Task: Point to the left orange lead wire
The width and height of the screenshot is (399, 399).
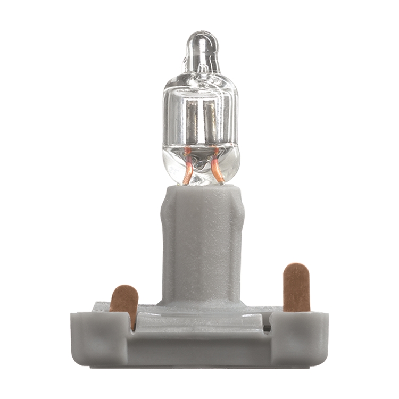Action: point(187,168)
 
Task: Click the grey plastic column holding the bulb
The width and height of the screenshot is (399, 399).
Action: point(202,239)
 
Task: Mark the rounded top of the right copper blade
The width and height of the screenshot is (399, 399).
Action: point(296,269)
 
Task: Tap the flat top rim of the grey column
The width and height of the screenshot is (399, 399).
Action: point(202,187)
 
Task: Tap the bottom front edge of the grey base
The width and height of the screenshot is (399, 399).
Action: point(199,365)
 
